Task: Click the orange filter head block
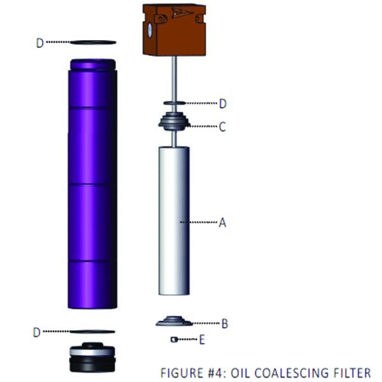click(174, 29)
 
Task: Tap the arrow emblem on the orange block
click(182, 13)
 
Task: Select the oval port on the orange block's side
click(150, 30)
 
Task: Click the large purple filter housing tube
click(92, 184)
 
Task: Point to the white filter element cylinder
click(174, 221)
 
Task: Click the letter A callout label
click(222, 222)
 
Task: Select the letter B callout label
click(225, 323)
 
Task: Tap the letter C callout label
click(222, 127)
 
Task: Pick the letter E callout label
click(202, 339)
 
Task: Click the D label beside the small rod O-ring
click(223, 104)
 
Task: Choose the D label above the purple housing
click(40, 43)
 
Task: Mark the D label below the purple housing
click(36, 332)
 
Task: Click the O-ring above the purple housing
click(93, 43)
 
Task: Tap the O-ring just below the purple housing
click(92, 332)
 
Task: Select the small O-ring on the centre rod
click(174, 103)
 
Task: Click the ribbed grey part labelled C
click(174, 121)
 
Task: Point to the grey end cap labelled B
click(174, 321)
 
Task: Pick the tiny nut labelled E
click(173, 339)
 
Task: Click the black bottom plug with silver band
click(92, 357)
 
